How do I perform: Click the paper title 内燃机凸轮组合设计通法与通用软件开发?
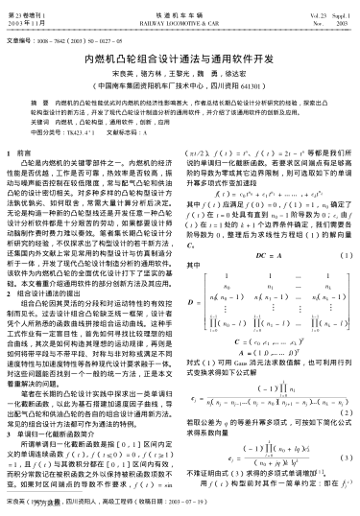click(x=180, y=59)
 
